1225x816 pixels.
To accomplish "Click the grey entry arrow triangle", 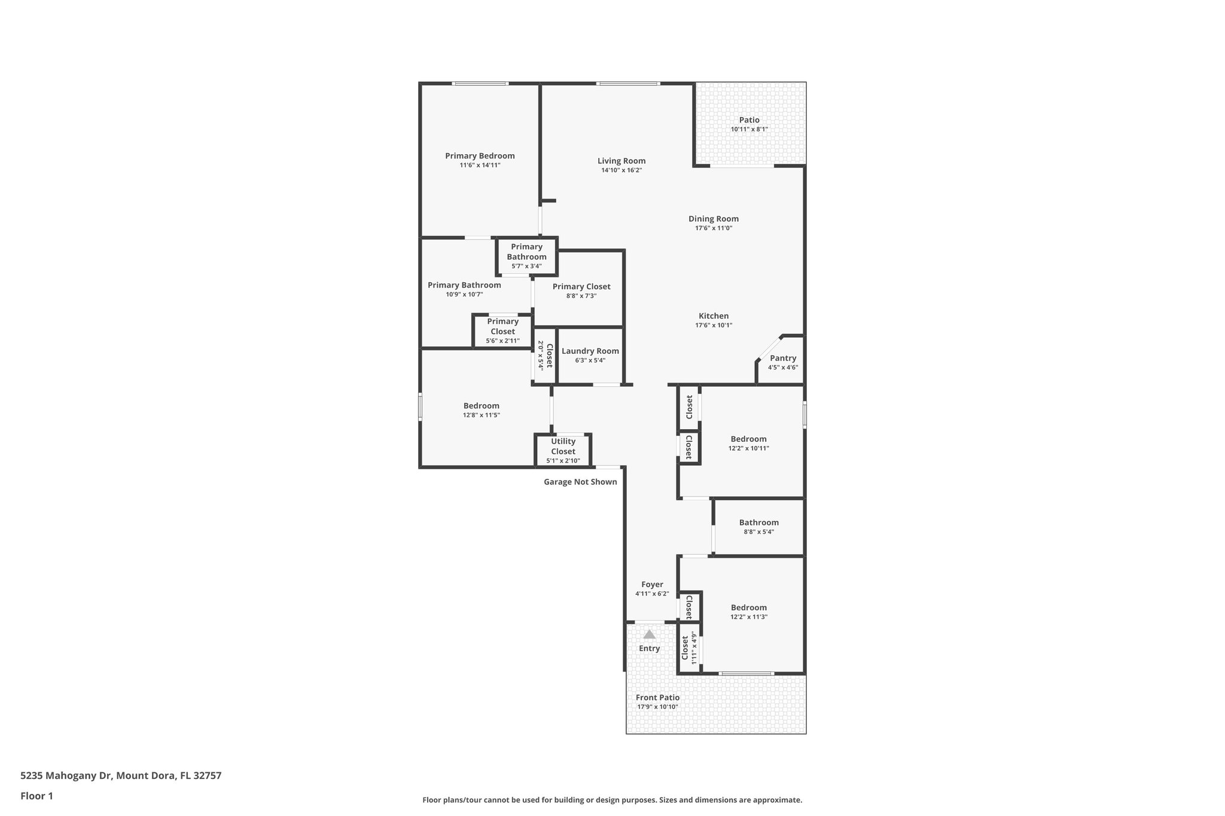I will pyautogui.click(x=649, y=634).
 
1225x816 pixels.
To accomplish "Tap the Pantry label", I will pyautogui.click(x=782, y=358).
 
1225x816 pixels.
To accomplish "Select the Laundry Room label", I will pyautogui.click(x=590, y=351).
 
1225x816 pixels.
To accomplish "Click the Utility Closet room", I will pyautogui.click(x=563, y=450).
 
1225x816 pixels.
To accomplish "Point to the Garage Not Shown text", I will pyautogui.click(x=580, y=482).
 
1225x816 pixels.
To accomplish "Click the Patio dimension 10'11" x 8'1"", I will pyautogui.click(x=749, y=129).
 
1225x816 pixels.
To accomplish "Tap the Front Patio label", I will pyautogui.click(x=657, y=697).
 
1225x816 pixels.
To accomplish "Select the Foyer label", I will pyautogui.click(x=652, y=585).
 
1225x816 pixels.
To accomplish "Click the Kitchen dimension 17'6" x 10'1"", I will pyautogui.click(x=714, y=325).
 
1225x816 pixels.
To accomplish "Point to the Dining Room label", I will pyautogui.click(x=713, y=219).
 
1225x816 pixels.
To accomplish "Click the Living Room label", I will pyautogui.click(x=621, y=161).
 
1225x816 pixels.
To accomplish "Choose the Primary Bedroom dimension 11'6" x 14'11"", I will pyautogui.click(x=480, y=165).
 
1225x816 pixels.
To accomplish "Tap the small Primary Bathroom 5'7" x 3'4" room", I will pyautogui.click(x=526, y=256).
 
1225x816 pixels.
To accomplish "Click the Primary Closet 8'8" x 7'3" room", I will pyautogui.click(x=581, y=291).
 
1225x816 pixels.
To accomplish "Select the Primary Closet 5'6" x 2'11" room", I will pyautogui.click(x=502, y=331).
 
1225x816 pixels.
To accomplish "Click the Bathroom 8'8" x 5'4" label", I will pyautogui.click(x=758, y=522).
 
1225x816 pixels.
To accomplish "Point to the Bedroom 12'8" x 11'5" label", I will pyautogui.click(x=481, y=406).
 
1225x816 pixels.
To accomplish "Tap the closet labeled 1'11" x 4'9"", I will pyautogui.click(x=689, y=648).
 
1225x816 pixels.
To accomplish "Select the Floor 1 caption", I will pyautogui.click(x=36, y=796).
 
